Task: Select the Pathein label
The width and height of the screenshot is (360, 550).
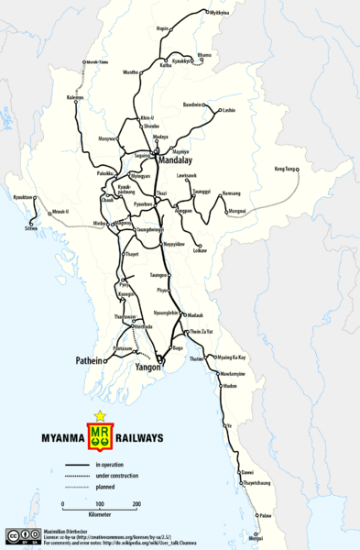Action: [88, 361]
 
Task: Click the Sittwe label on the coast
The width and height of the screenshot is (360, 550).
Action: [32, 227]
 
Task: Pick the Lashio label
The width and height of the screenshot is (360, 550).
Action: [229, 110]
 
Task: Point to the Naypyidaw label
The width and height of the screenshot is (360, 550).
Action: [176, 245]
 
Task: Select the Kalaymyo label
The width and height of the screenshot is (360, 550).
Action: [75, 97]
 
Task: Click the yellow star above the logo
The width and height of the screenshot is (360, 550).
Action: [100, 415]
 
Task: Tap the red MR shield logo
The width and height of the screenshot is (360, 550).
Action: [100, 436]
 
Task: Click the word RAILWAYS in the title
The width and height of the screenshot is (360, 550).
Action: [137, 437]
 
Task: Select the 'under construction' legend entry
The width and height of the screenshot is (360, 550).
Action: [115, 477]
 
